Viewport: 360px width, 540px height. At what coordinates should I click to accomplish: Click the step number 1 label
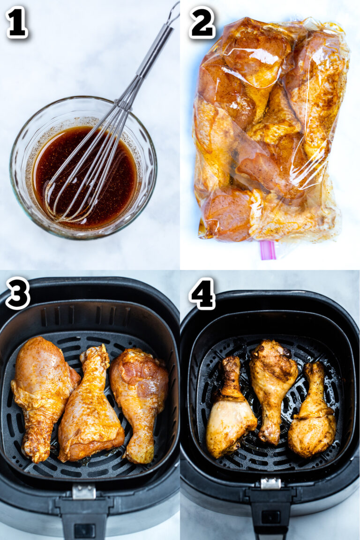coord(17,22)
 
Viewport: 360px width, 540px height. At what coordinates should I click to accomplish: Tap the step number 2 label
coord(202,22)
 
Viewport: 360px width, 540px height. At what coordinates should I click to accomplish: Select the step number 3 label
coord(18,293)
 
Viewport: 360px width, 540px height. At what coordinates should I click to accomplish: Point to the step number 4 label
coord(202,293)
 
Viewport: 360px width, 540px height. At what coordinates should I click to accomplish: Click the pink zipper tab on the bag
coord(268,249)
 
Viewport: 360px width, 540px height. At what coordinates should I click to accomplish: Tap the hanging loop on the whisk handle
coord(173,12)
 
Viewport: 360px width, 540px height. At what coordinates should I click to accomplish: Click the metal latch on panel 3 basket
coord(84,491)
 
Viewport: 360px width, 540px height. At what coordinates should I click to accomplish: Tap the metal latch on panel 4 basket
coord(270,483)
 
